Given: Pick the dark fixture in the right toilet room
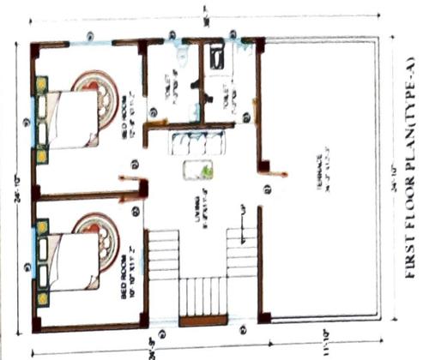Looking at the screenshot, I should click(x=217, y=56).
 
